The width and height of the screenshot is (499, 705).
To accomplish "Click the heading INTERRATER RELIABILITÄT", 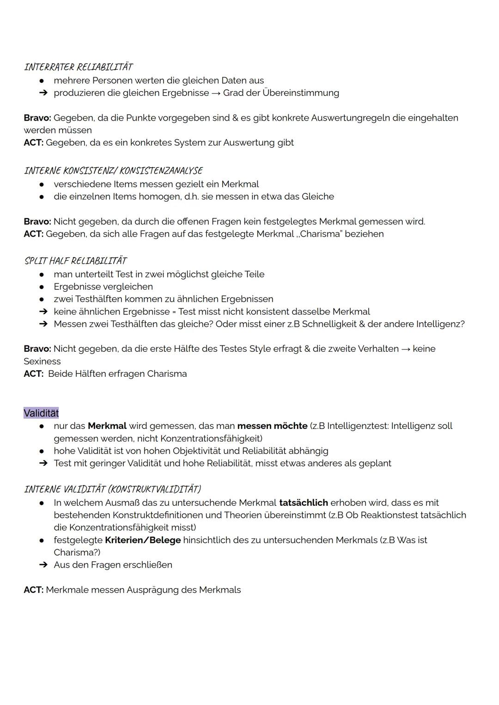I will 78,67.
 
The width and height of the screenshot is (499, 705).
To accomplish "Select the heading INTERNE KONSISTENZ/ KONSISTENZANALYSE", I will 113,171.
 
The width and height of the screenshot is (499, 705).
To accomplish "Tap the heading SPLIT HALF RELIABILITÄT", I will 75,261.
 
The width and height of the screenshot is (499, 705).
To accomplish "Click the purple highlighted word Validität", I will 41,413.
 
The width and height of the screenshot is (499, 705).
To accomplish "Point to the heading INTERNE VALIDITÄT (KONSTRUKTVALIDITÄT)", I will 112,489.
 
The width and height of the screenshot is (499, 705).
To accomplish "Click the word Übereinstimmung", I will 301,93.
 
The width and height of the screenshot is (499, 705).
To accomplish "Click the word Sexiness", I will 42,362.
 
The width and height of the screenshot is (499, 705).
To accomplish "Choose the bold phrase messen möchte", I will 272,426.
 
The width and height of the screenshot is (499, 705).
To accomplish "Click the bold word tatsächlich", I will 304,503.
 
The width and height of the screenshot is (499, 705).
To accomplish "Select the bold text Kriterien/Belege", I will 143,540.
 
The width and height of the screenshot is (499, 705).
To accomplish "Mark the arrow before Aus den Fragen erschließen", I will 43,565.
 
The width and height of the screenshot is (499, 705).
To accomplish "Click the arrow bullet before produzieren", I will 43,93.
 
